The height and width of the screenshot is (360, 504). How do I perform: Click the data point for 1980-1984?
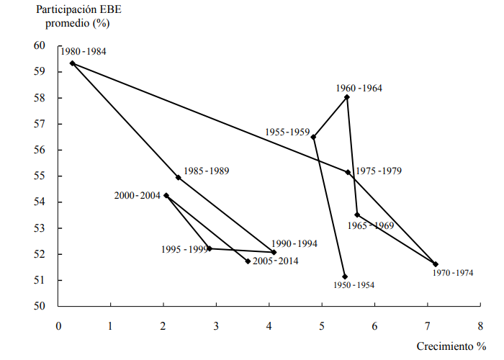[72, 63]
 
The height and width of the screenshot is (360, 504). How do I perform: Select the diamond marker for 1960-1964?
[347, 97]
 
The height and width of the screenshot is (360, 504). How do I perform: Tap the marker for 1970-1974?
[435, 264]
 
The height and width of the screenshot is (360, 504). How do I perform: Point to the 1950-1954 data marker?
[345, 276]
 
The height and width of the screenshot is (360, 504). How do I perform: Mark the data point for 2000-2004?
[166, 195]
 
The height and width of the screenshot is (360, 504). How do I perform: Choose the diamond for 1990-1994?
[274, 253]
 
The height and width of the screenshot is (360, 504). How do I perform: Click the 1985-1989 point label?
[207, 171]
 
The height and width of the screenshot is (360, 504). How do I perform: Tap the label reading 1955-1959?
[287, 132]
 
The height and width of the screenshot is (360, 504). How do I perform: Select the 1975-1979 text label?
[379, 171]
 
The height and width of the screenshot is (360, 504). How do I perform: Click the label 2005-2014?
[275, 261]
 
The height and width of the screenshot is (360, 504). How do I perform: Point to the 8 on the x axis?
[480, 325]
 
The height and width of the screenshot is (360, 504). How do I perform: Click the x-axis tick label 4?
[269, 325]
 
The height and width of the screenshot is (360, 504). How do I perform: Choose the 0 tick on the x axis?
[58, 325]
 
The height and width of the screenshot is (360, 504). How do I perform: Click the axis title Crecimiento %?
[451, 346]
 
